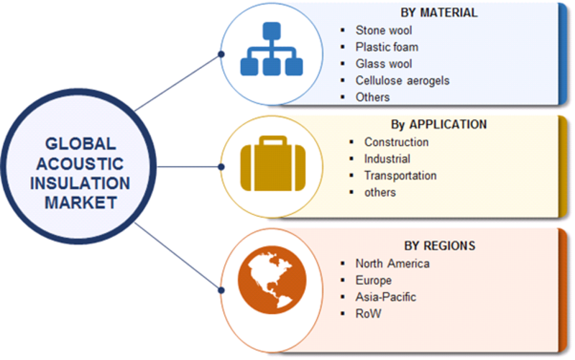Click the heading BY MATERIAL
click(439, 13)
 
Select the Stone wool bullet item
click(384, 30)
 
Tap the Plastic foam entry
click(387, 47)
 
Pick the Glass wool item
click(384, 64)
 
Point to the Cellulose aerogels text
click(402, 80)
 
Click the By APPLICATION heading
click(438, 124)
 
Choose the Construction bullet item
click(397, 142)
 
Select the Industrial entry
click(387, 159)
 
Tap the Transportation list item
click(400, 175)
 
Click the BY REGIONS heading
click(440, 246)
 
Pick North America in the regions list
click(392, 264)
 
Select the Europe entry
click(373, 280)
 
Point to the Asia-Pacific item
click(386, 297)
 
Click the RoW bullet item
click(368, 314)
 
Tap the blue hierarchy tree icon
click(272, 49)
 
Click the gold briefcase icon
click(273, 164)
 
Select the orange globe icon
click(272, 280)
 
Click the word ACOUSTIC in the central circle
click(80, 164)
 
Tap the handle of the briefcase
click(273, 140)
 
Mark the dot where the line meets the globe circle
click(221, 290)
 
